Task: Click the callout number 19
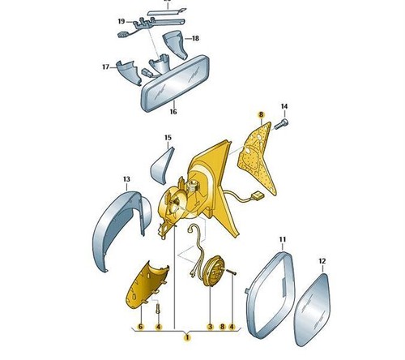click(x=122, y=21)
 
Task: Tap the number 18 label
click(x=195, y=38)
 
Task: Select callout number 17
click(x=105, y=66)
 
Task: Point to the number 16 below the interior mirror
click(x=173, y=111)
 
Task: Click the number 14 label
click(x=284, y=106)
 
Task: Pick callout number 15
click(x=168, y=138)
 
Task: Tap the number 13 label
click(x=126, y=179)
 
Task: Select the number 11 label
click(x=283, y=239)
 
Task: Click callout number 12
click(x=322, y=261)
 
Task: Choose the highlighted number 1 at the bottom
click(x=187, y=337)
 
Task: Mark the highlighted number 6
click(x=140, y=327)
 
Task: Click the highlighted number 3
click(x=210, y=327)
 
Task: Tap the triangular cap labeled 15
click(x=160, y=165)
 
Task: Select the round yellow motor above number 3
click(x=213, y=271)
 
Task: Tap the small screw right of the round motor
click(x=231, y=272)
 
